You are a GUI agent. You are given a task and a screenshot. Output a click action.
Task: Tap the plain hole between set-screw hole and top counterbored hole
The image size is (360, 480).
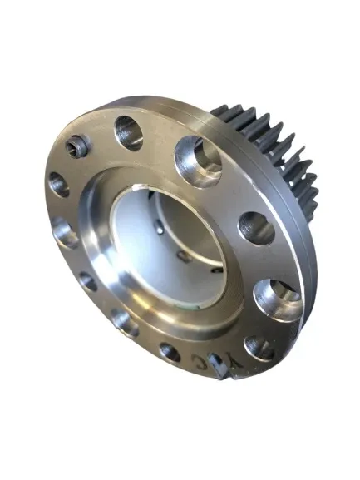point(129,132)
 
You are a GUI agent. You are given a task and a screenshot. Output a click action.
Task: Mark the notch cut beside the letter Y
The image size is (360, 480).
point(218,366)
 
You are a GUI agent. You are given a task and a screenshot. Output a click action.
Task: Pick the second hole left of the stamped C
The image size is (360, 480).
point(126,324)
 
